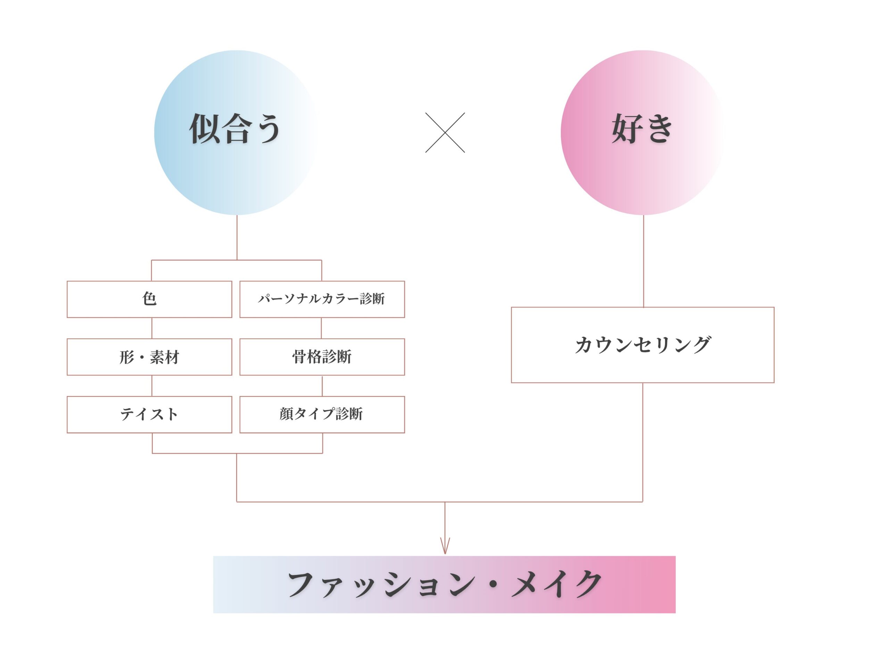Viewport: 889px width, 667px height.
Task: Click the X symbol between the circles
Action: tap(445, 132)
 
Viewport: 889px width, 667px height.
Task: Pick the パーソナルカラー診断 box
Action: tap(322, 299)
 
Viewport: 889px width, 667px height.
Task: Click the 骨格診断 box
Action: tap(322, 357)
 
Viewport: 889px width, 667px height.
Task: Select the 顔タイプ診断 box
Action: tap(322, 414)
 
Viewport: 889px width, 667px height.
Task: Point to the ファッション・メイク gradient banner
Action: tap(444, 584)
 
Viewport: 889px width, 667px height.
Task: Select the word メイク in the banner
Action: tap(557, 584)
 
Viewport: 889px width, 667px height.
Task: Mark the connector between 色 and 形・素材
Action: tap(152, 328)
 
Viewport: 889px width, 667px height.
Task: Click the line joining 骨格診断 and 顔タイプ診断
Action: tap(322, 386)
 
